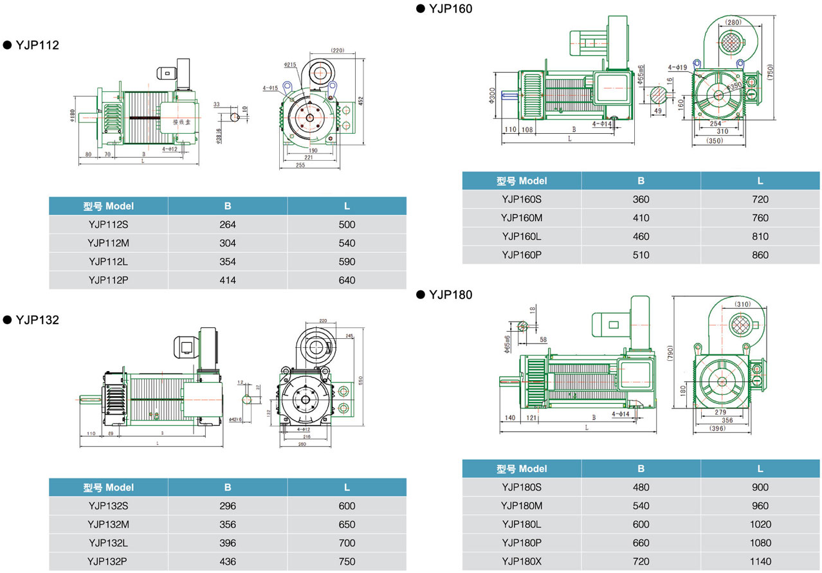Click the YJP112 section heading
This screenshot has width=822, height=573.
[x=37, y=45]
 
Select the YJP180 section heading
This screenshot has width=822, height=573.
[x=450, y=295]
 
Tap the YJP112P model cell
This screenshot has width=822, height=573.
[x=108, y=280]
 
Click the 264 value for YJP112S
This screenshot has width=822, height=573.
[x=228, y=224]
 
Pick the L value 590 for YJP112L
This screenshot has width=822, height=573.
[x=347, y=262]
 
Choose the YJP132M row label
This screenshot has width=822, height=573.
[x=108, y=524]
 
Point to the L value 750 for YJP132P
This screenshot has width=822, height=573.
[x=347, y=561]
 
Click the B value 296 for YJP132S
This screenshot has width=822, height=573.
[x=228, y=506]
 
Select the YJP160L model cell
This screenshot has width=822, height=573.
[x=522, y=236]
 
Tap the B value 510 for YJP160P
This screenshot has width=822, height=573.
[x=641, y=255]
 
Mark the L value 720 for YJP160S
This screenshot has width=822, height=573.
[x=760, y=199]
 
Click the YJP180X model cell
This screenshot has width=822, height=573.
[x=522, y=561]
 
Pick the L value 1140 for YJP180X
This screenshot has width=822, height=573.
[x=760, y=561]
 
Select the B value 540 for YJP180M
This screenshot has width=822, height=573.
[x=641, y=505]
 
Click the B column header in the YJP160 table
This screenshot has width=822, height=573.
[x=641, y=181]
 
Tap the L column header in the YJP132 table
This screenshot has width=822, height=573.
[x=347, y=487]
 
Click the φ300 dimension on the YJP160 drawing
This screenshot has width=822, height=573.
[x=492, y=95]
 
